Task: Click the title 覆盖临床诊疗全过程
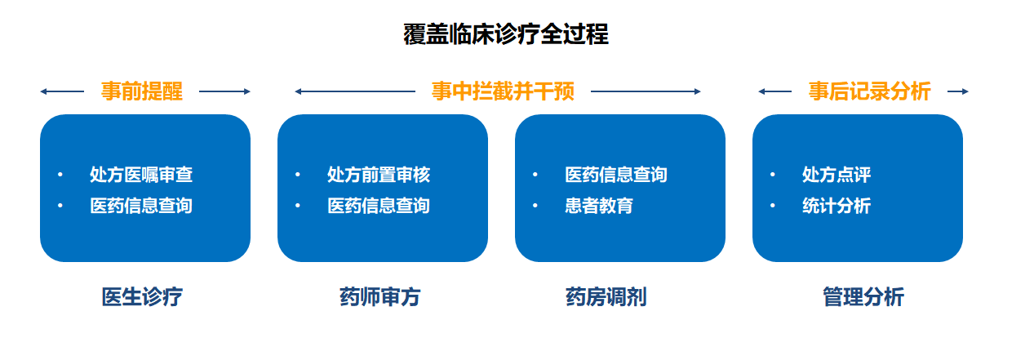click(x=505, y=35)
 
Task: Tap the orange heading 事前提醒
click(x=142, y=91)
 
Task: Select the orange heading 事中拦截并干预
click(x=503, y=91)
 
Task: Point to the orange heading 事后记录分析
click(x=869, y=91)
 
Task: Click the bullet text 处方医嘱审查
click(x=141, y=175)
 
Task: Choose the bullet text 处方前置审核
click(x=379, y=175)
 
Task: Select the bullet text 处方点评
click(x=837, y=175)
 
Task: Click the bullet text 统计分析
click(x=837, y=206)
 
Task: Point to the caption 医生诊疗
click(x=142, y=297)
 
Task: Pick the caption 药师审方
click(x=379, y=297)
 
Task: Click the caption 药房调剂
click(x=606, y=297)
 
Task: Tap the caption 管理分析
click(x=863, y=297)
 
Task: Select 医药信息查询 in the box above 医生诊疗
click(x=141, y=206)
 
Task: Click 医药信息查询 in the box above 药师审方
click(x=379, y=206)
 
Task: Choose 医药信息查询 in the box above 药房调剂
click(x=616, y=175)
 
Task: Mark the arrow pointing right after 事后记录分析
click(x=958, y=91)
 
